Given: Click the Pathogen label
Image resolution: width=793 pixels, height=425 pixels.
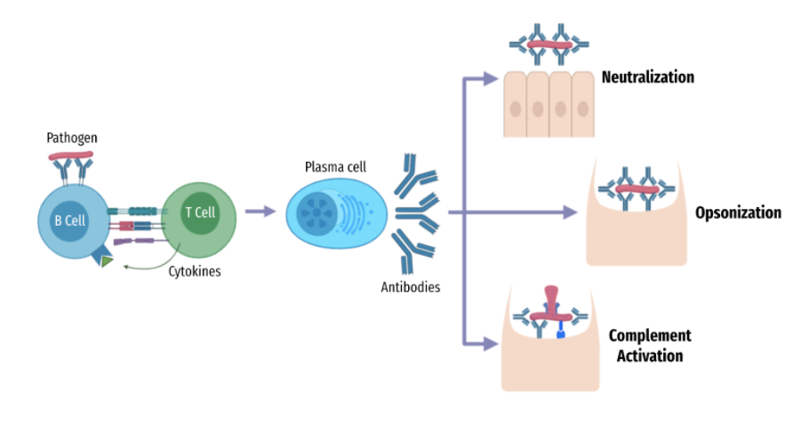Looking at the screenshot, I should pos(72,138).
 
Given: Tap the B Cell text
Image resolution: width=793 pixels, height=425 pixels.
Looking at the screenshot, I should pos(69,220).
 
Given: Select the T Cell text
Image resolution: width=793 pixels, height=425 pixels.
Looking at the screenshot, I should pos(200,212).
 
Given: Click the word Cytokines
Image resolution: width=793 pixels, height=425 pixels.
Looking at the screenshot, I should pos(195,271).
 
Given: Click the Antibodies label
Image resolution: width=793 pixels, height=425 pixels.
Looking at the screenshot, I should pos(410,287).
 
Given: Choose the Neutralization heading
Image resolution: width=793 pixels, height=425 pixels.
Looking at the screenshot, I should pos(647,77).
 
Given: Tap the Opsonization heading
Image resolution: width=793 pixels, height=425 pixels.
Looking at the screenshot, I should pos(738,212).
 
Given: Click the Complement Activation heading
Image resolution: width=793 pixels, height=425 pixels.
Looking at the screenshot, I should pos(649,346).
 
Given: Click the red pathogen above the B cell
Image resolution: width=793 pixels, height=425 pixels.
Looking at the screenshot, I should pos(71,156).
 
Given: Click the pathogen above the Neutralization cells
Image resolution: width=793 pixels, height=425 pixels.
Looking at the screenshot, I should pos(549,44).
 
